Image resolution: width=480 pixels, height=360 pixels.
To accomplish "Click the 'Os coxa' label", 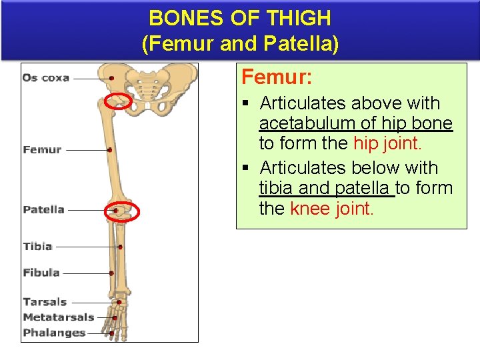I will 45,78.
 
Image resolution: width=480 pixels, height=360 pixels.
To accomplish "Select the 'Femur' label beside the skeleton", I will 42,149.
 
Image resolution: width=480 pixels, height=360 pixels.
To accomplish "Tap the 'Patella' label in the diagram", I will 43,209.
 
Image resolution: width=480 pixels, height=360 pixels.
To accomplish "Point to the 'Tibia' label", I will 37,246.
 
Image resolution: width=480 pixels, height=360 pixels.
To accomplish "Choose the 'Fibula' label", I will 41,272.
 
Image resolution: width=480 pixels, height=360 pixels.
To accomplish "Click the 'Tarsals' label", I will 45,302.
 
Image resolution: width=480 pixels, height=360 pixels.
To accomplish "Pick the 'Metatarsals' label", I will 58,317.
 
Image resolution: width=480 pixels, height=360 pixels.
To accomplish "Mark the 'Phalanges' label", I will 54,333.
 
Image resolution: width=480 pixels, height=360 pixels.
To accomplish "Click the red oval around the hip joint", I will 119,101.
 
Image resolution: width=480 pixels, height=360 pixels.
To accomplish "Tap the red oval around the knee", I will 122,211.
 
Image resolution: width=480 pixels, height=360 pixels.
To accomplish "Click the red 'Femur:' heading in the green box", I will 277,77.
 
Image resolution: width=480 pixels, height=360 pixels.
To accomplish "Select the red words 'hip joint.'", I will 387,143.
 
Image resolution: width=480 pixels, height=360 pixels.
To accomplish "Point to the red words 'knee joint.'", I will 332,209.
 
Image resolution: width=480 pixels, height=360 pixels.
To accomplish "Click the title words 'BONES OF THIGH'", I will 240,18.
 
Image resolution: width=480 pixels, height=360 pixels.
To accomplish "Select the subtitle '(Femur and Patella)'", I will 240,44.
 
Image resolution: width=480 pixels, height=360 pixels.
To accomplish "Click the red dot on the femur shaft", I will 110,150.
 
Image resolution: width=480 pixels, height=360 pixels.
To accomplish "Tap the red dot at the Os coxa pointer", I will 112,78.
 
